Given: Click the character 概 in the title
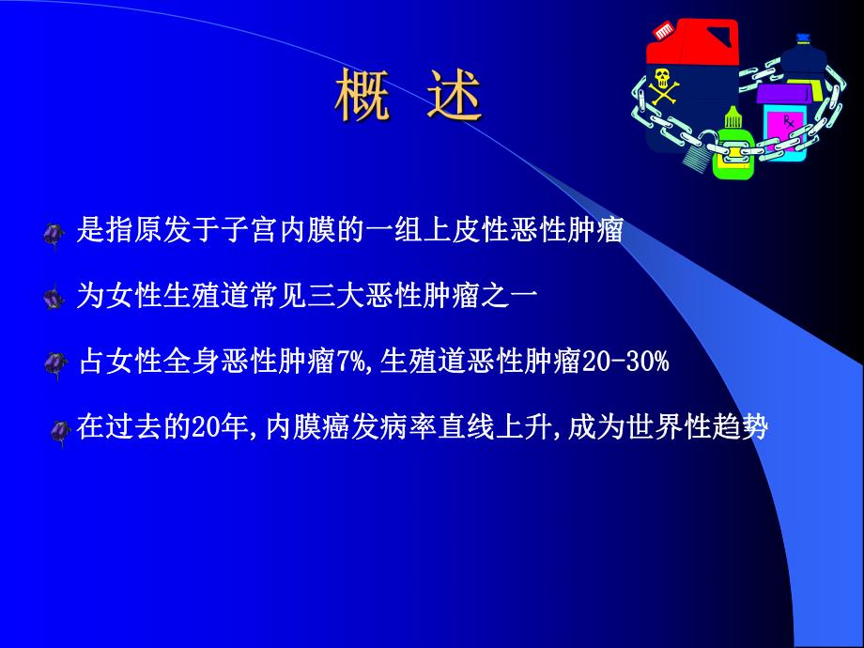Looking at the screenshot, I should [363, 97].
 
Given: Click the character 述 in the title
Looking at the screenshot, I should [455, 97].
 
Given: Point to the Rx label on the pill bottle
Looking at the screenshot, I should [788, 122].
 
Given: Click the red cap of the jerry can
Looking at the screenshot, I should [664, 30].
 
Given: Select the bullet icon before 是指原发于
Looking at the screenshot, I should [55, 233].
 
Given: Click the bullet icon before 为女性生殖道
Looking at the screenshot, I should [55, 298].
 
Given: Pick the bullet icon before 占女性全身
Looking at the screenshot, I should [58, 363].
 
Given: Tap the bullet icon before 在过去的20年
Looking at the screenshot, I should [62, 431].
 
